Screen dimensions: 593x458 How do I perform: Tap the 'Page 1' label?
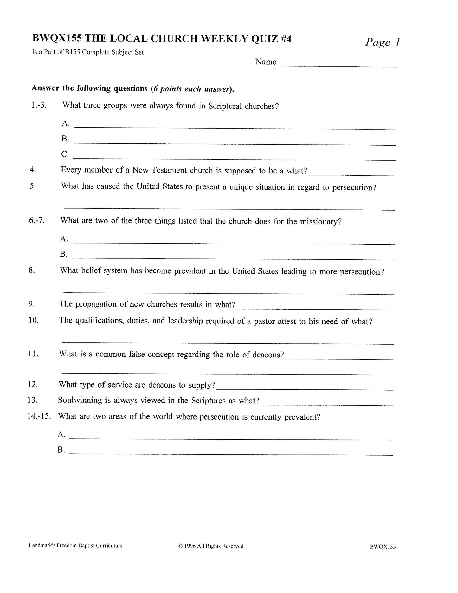[x=383, y=42]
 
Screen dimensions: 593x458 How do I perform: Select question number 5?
[x=33, y=186]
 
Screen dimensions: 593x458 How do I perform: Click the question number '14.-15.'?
[x=39, y=416]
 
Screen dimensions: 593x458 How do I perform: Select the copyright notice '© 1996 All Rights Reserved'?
[x=211, y=546]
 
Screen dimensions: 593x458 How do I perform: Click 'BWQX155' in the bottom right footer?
[x=383, y=547]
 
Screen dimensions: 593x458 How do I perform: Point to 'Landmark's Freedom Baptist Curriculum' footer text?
[x=75, y=546]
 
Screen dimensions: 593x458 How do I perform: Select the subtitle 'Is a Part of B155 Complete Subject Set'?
[x=88, y=52]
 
